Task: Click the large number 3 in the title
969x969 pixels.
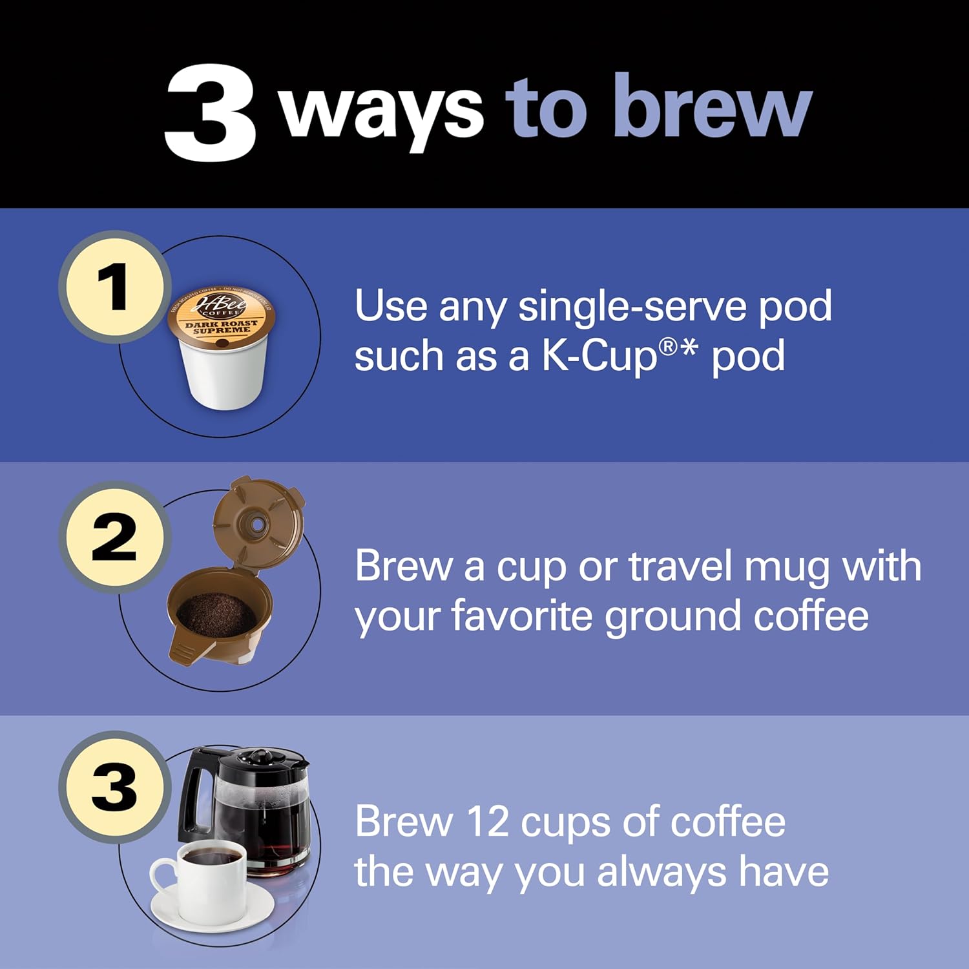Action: (x=210, y=113)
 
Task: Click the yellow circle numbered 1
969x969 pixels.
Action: (x=115, y=287)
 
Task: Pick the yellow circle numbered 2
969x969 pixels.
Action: (x=115, y=537)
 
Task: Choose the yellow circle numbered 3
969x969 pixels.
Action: (x=115, y=787)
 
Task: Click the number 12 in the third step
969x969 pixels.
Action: (x=487, y=822)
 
